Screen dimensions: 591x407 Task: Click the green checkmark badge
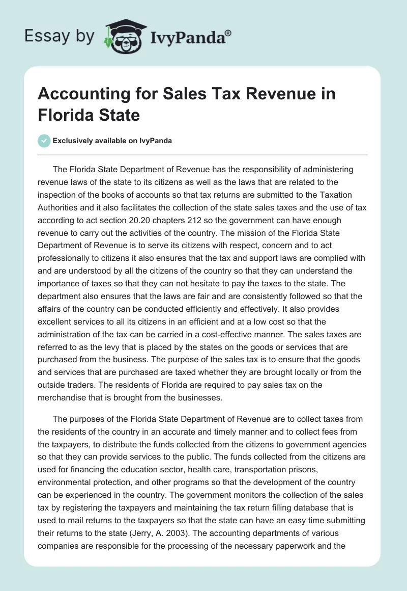[x=44, y=141]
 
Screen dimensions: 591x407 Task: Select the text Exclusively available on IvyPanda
[x=112, y=141]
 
